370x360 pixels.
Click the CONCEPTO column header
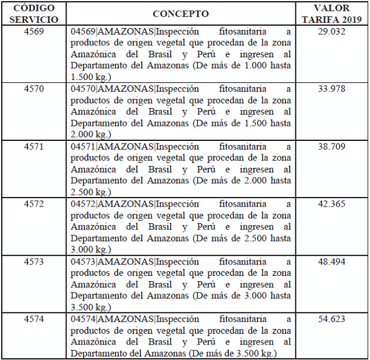tap(181, 13)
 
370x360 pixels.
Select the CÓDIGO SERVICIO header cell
tap(34, 13)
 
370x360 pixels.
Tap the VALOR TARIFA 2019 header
tap(332, 13)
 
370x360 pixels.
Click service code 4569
tap(34, 31)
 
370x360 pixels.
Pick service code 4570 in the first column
tap(34, 89)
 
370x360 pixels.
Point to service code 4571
tap(34, 146)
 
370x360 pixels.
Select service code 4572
tap(34, 204)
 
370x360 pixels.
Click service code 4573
tap(34, 261)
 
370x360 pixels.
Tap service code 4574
tap(34, 319)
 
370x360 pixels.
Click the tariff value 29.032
tap(332, 31)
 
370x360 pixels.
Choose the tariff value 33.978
tap(332, 89)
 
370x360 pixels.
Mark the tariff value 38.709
tap(332, 146)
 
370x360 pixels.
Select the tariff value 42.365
tap(332, 204)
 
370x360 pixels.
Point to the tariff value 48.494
tap(332, 261)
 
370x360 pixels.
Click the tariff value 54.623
tap(332, 319)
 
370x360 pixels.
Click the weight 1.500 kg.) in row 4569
tap(90, 78)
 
